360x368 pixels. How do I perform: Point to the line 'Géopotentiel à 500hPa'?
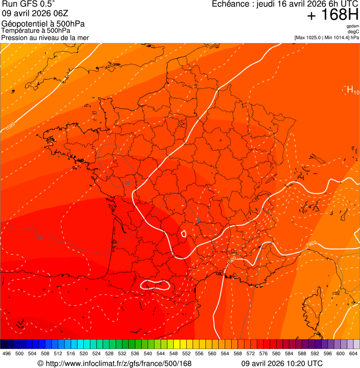pos(43,24)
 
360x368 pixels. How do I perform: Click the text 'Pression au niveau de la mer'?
pos(45,37)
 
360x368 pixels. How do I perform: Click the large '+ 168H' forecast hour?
pos(333,15)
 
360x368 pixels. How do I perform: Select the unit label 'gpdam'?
pos(353,26)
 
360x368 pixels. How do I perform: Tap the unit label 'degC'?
pos(354,31)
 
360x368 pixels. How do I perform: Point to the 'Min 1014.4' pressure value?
pos(337,37)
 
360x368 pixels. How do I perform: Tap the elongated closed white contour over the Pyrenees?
pos(155,284)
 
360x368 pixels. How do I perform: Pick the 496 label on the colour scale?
pos(7,353)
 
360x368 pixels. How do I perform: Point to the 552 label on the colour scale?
pos(186,353)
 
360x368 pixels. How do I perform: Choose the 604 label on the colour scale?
pos(353,353)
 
